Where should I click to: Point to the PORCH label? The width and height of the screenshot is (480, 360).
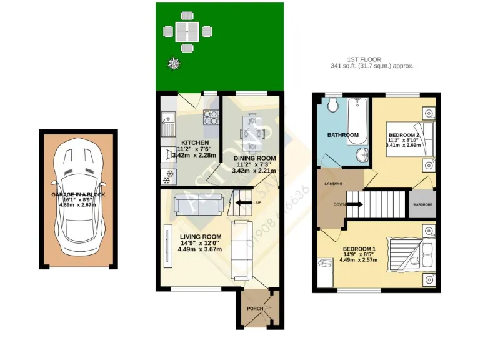(x=255, y=309)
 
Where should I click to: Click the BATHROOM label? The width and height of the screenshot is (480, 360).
(x=343, y=135)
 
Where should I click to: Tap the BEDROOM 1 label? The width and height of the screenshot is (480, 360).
(x=359, y=249)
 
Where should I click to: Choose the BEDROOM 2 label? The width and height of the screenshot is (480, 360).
(x=403, y=135)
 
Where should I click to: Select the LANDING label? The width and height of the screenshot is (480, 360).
(x=332, y=184)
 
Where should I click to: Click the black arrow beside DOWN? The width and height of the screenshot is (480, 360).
(x=354, y=204)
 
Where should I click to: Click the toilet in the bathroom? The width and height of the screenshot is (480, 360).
(x=332, y=104)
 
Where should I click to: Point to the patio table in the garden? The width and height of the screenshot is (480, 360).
(x=186, y=30)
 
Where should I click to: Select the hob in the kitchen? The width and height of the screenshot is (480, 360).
(x=211, y=116)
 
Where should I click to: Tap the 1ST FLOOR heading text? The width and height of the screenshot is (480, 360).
(x=372, y=59)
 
